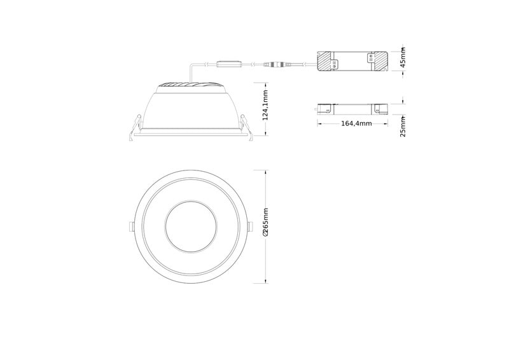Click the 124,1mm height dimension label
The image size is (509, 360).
265,105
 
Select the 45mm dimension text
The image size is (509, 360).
403,57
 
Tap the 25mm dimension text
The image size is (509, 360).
403,127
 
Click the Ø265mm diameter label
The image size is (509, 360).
265,222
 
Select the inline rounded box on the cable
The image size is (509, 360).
229,65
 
